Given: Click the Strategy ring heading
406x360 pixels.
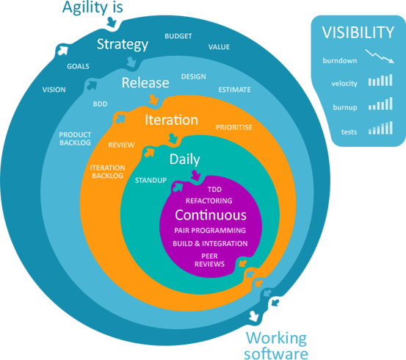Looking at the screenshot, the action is pos(123,45).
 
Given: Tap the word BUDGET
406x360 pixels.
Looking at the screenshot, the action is pos(178,36).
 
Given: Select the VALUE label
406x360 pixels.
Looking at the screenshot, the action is pos(219,47).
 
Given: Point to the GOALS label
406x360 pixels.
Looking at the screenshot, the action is pos(78,66).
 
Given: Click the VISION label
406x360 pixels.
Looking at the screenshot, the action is pos(54,90).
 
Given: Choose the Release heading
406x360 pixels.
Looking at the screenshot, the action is pos(145,83).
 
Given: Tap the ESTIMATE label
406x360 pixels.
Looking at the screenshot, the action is pos(235,90).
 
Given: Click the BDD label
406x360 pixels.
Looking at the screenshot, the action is pos(100,104).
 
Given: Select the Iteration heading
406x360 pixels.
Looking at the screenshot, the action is pos(171,120).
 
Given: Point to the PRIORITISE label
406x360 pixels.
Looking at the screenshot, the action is pos(234,127).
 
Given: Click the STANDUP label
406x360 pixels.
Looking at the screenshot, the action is pos(151,181).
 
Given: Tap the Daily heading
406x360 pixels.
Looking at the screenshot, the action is pos(184,159).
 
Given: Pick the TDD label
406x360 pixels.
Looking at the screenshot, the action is pos(214,190).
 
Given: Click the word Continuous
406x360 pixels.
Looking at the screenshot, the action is pos(211,215).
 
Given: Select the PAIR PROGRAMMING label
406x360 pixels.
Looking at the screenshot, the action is pos(210,231).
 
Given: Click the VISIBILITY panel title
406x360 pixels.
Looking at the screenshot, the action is pos(358,32).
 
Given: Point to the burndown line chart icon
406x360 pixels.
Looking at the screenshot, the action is pos(380,57).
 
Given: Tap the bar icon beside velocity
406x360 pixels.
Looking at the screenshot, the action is pos(380,80).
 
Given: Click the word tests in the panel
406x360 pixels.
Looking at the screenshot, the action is pos(349,132).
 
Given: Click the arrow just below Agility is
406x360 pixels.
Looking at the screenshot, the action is pos(112,22).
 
